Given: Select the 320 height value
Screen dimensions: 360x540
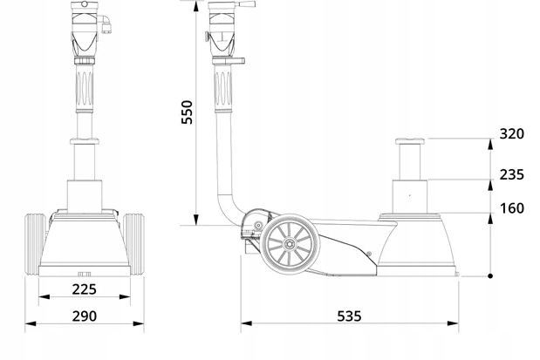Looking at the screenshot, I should (511, 134).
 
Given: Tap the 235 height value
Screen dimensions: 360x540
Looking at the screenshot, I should (511, 174).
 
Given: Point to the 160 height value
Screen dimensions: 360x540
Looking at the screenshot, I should (511, 209).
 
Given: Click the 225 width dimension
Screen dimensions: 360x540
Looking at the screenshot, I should (84, 289).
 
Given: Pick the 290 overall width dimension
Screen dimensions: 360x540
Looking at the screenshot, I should (84, 316).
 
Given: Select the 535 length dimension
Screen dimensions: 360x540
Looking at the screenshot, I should (349, 316).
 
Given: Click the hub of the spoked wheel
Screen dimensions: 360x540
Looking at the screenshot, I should (287, 243).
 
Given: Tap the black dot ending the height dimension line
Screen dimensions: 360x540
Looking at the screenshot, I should (491, 276).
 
